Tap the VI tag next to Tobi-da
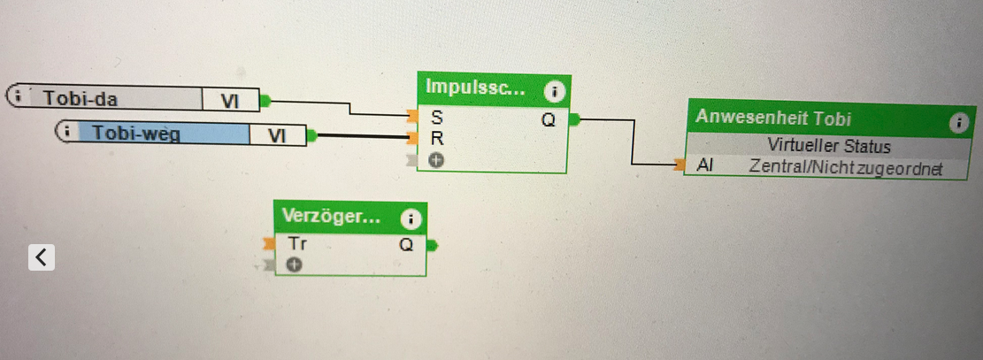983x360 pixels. (x=231, y=101)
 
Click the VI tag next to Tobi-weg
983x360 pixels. (x=278, y=135)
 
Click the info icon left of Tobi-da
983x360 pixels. (x=19, y=96)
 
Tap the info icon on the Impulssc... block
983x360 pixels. (x=554, y=90)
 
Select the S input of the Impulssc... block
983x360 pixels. (x=436, y=117)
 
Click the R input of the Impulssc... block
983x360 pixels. (x=436, y=138)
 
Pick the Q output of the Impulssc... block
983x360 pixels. (x=549, y=119)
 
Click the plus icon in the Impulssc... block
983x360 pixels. (x=435, y=160)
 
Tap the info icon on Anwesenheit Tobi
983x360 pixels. (x=957, y=123)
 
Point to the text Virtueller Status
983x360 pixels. (x=828, y=146)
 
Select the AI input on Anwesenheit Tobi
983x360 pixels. (x=704, y=165)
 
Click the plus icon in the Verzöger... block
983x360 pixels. (x=294, y=264)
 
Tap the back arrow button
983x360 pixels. (x=42, y=257)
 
